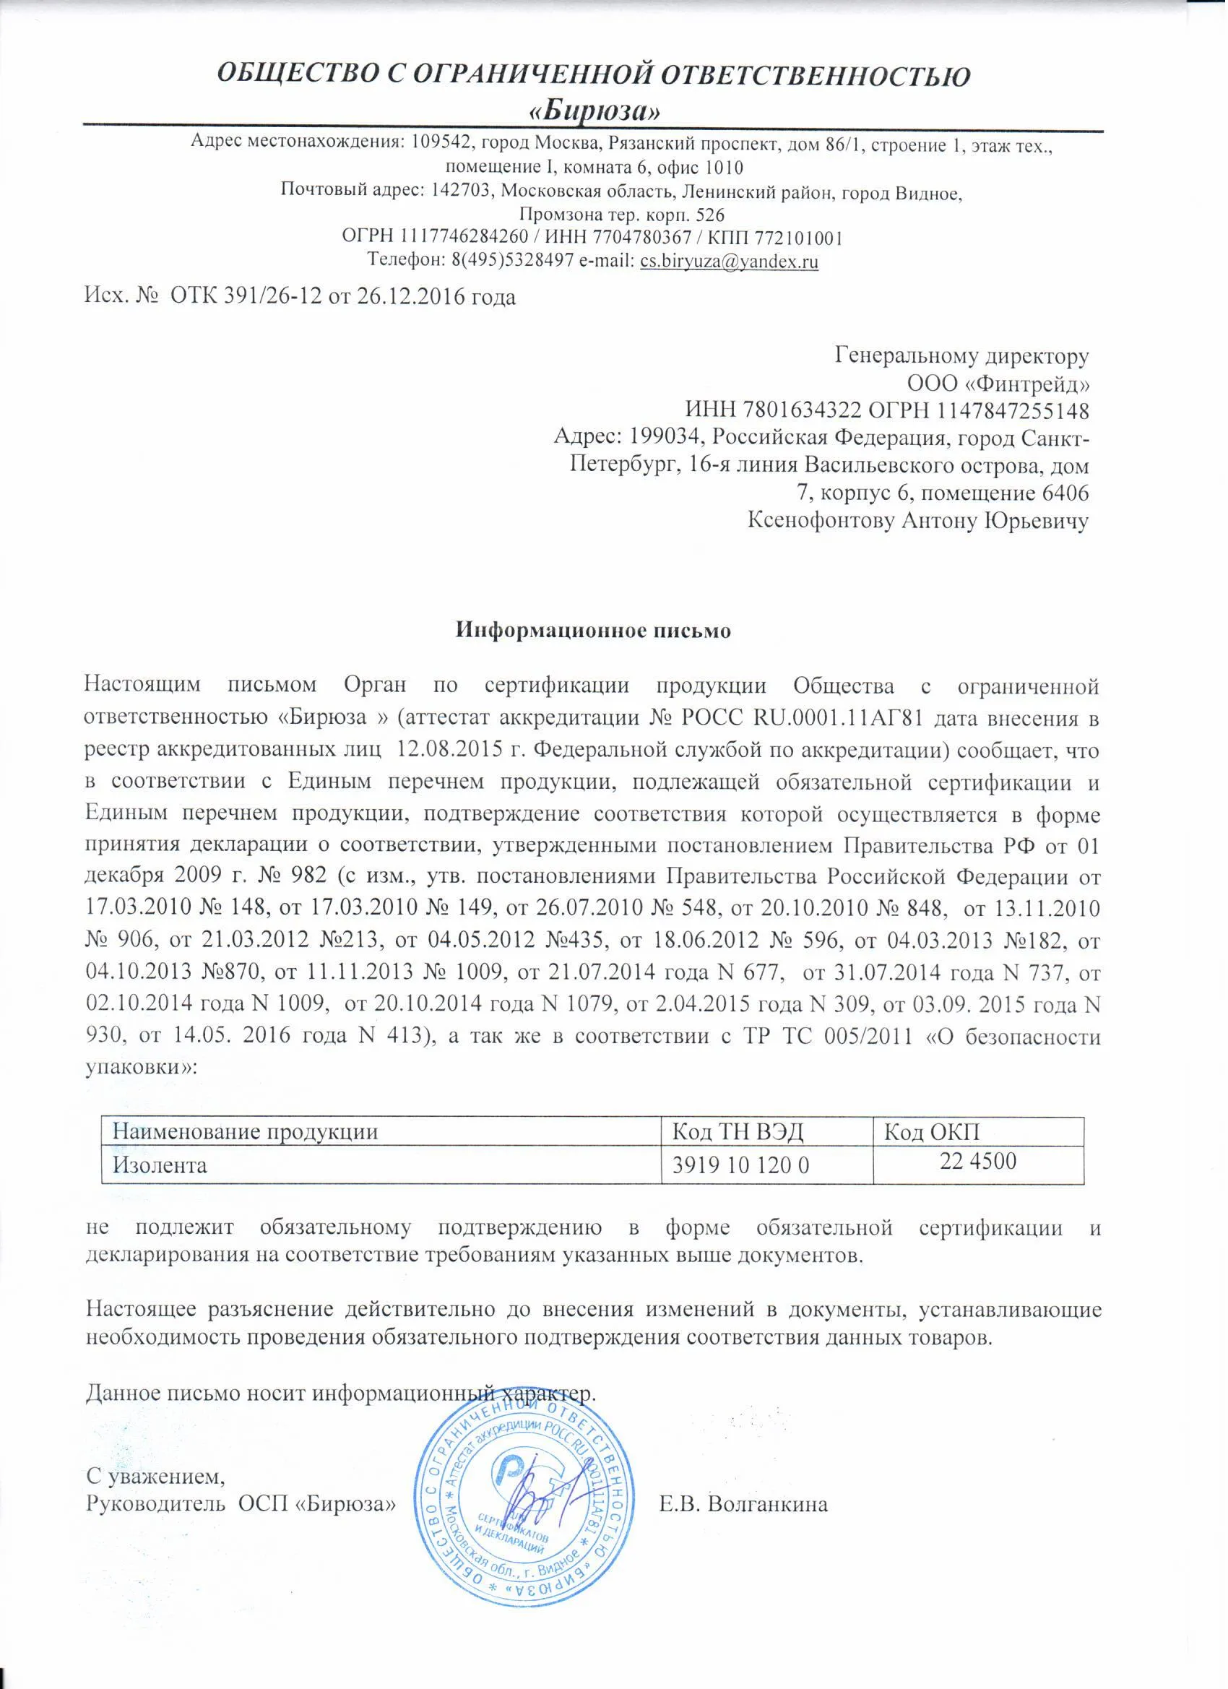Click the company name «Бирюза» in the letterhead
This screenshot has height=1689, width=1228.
pos(594,112)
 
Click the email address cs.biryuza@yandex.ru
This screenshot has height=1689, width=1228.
pos(729,261)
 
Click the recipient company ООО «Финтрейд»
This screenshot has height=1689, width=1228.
pos(998,384)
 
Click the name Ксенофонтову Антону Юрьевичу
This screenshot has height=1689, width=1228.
pos(918,521)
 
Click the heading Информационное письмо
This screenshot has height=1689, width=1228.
pos(594,630)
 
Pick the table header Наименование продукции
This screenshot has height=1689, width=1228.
pos(245,1133)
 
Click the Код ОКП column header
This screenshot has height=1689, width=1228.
pos(931,1133)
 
